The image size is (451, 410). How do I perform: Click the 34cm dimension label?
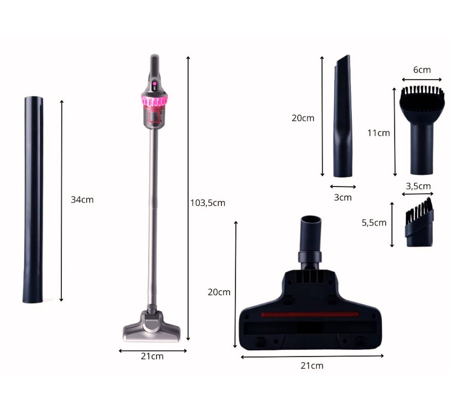(82, 200)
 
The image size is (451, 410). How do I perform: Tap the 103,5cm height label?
(208, 203)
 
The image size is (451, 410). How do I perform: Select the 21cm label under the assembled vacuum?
(152, 356)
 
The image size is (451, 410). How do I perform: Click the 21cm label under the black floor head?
(312, 366)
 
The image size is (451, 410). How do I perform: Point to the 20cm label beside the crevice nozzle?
(303, 118)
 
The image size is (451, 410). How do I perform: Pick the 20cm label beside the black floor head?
(219, 292)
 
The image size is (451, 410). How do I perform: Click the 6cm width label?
(422, 70)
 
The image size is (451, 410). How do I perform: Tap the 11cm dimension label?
(378, 133)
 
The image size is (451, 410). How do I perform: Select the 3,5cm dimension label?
(418, 186)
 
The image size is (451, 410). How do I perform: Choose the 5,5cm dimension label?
(374, 223)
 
